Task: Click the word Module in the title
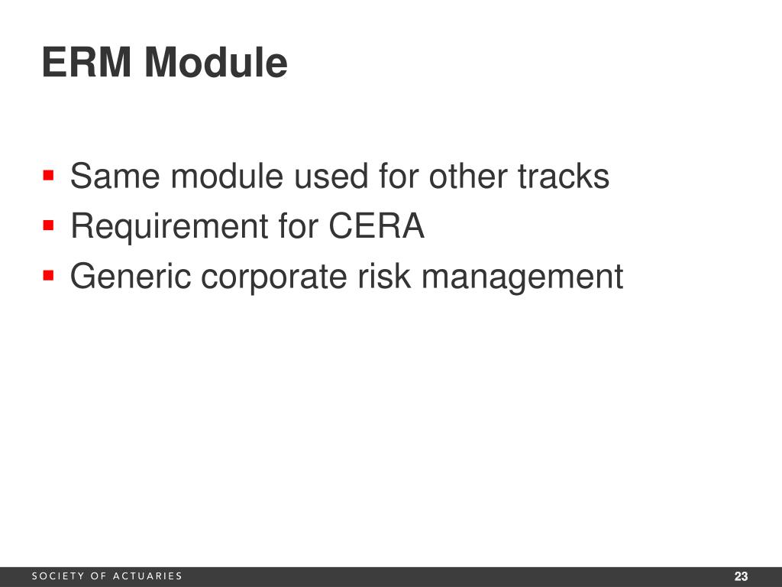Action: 216,63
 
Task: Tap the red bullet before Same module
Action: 49,176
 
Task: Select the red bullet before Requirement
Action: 49,225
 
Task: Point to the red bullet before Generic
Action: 49,275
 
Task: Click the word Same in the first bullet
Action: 115,177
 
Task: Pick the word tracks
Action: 564,177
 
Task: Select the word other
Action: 467,177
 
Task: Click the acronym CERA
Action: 376,227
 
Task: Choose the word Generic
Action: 130,277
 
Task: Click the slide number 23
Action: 741,576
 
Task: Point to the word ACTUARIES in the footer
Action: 147,576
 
